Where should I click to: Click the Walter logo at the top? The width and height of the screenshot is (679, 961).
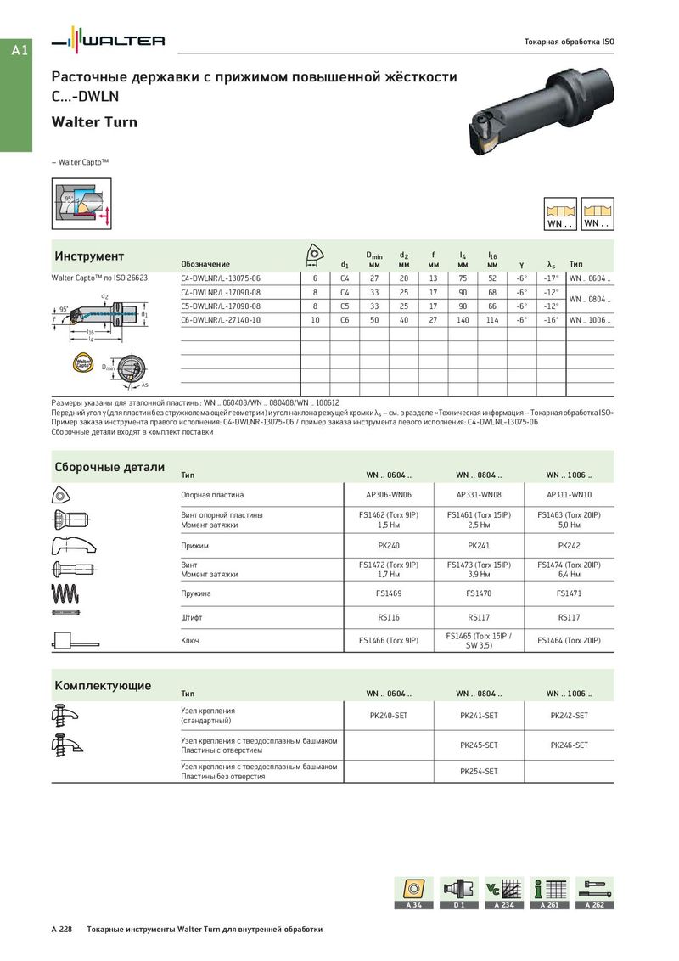[x=109, y=41]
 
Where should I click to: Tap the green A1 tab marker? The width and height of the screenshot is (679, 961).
[x=20, y=51]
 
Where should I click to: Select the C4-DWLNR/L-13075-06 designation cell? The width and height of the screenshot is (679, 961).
[x=221, y=278]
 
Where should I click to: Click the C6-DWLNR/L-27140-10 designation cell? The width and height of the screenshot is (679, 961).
[x=221, y=319]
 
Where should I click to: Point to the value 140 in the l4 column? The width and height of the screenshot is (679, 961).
[x=463, y=319]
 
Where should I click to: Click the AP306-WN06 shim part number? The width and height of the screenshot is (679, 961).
[x=388, y=494]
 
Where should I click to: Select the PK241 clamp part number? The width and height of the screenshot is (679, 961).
[x=479, y=546]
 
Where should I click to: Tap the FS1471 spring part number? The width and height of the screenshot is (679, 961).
[x=569, y=593]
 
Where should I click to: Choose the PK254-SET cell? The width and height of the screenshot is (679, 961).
[x=479, y=771]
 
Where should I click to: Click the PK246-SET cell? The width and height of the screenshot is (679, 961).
[x=569, y=745]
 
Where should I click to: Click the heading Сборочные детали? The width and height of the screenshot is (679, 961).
[x=109, y=467]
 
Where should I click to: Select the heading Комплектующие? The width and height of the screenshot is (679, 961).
[x=103, y=685]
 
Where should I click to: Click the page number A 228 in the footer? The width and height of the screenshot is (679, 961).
[x=61, y=930]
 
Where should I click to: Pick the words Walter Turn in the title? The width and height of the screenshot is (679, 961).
[x=94, y=122]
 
